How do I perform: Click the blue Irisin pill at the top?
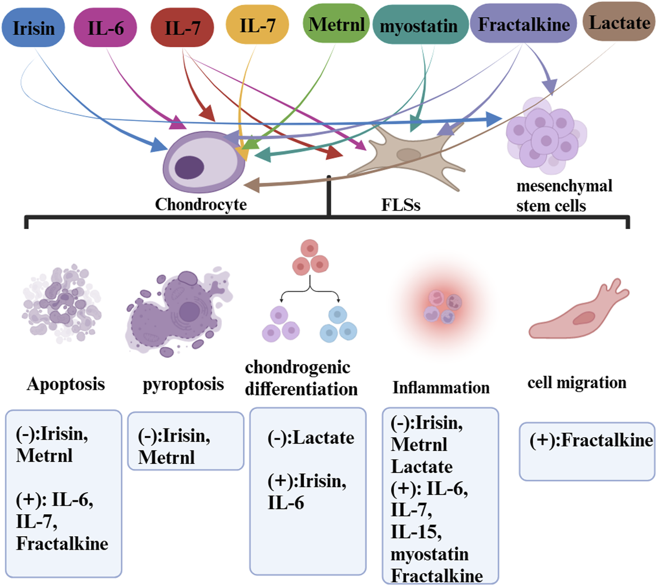[x=33, y=28]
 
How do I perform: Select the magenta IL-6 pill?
[x=106, y=28]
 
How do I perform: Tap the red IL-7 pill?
[x=182, y=28]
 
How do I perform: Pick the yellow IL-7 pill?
[x=257, y=25]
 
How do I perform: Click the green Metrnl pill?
[x=336, y=24]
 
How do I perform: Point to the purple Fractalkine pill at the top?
[x=524, y=24]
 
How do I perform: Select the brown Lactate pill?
[x=619, y=23]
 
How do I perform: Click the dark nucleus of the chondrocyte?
[x=189, y=168]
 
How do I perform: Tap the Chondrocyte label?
[x=201, y=204]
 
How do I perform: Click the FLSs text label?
[x=401, y=205]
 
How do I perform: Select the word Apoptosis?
[x=66, y=384]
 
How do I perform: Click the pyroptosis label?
[x=183, y=384]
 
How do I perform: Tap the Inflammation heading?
[x=441, y=387]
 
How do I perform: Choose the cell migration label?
[x=577, y=382]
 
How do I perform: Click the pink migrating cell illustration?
[x=580, y=315]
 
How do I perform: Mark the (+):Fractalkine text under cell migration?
[x=591, y=440]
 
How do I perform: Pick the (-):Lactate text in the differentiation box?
[x=311, y=438]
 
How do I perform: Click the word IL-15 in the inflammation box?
[x=415, y=532]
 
